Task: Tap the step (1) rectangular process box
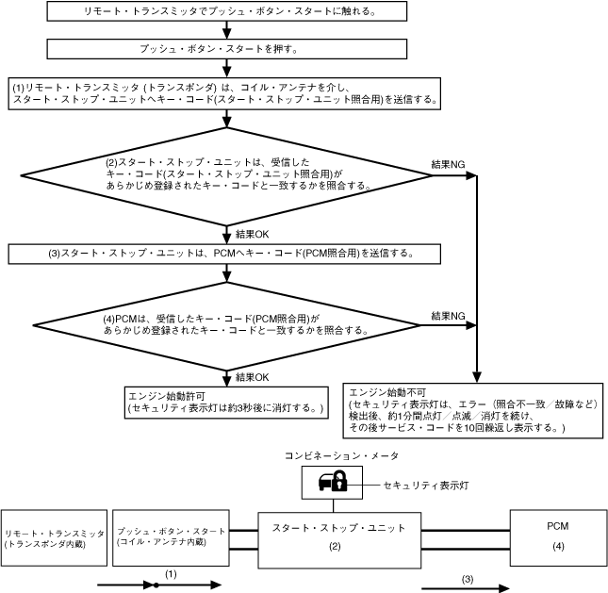[x=226, y=93]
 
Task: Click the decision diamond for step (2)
[x=226, y=174]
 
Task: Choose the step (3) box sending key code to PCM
[x=226, y=254]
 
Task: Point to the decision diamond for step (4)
[x=226, y=324]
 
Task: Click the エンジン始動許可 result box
[x=226, y=402]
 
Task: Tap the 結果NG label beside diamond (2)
[x=447, y=164]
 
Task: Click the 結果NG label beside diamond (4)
[x=447, y=315]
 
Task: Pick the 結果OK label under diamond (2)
[x=253, y=233]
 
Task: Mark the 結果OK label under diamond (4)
[x=253, y=377]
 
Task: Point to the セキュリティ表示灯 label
[x=425, y=485]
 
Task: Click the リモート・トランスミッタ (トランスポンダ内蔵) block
[x=54, y=538]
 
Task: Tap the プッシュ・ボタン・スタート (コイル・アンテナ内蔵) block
[x=171, y=537]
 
